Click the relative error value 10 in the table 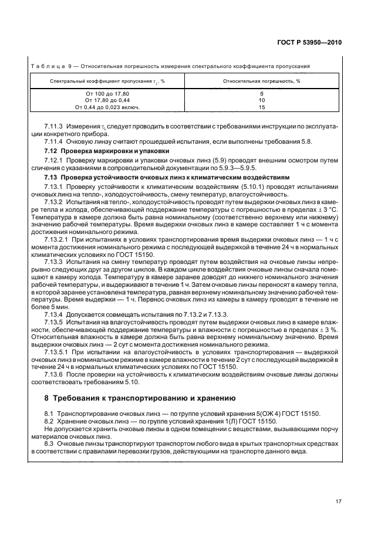(x=262, y=101)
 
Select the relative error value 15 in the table (x=262, y=107)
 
